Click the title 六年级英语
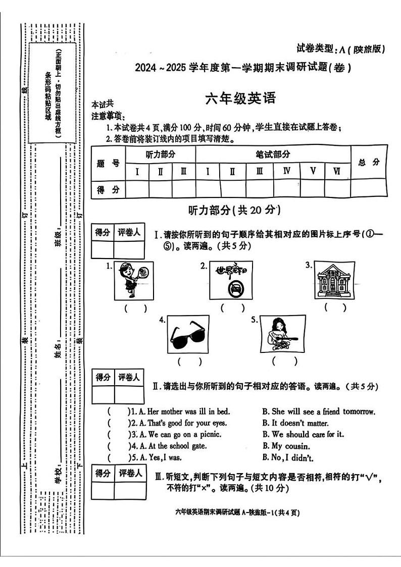click(241, 98)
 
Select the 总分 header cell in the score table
click(369, 162)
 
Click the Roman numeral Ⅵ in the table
click(337, 171)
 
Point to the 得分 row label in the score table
click(108, 189)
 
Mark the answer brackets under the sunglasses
click(189, 361)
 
